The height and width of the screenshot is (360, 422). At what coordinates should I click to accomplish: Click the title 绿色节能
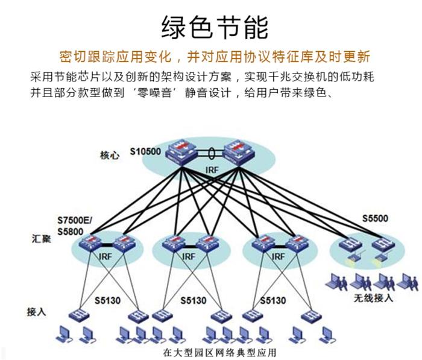215,28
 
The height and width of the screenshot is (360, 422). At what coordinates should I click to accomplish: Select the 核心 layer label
109,156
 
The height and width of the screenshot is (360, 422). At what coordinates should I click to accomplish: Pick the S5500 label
375,219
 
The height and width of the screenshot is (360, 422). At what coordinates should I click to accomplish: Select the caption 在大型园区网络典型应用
215,352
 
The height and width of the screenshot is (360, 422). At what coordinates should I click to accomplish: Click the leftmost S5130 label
109,300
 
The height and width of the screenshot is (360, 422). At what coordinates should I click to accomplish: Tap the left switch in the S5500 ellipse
350,245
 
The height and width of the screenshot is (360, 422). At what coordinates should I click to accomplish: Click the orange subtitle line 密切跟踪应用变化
215,58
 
